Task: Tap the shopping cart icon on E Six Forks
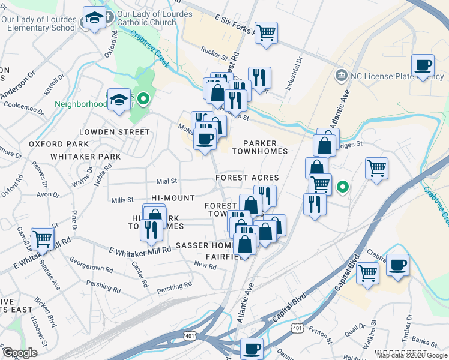(x=265, y=32)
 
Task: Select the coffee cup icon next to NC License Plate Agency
(x=423, y=64)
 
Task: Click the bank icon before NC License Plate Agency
(x=342, y=75)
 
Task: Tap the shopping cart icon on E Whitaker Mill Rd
(x=42, y=239)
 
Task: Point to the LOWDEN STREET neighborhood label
(x=115, y=132)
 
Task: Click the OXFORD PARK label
(x=59, y=144)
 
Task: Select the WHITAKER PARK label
(x=86, y=156)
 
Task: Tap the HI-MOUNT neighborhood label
(x=173, y=198)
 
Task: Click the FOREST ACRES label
(x=248, y=178)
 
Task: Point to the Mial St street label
(x=167, y=181)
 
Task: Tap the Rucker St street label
(x=215, y=55)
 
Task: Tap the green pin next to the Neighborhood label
(x=143, y=99)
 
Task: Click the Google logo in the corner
(x=20, y=353)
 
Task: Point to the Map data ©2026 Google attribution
(x=412, y=355)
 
